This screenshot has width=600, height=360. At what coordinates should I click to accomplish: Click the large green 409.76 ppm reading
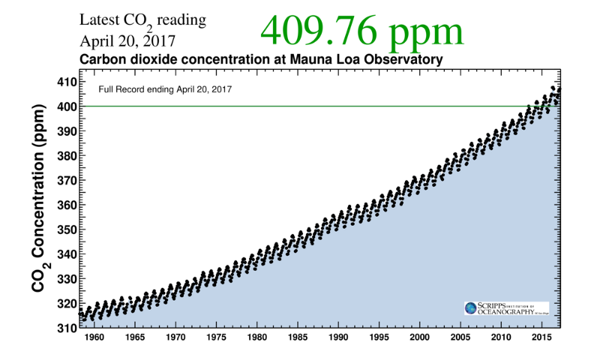(361, 31)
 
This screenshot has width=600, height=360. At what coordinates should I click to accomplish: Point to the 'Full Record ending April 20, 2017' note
(166, 89)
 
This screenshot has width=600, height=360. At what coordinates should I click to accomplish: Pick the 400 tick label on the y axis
(66, 106)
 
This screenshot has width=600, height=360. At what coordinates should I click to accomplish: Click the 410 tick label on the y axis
(66, 82)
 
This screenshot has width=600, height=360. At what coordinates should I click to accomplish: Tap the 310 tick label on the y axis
(66, 328)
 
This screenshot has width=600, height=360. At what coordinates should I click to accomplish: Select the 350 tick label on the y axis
(66, 229)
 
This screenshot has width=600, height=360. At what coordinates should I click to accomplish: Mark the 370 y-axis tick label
(66, 181)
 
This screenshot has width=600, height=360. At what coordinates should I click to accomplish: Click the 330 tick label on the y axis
(66, 279)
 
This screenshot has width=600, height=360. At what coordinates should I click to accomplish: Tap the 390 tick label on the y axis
(66, 131)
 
